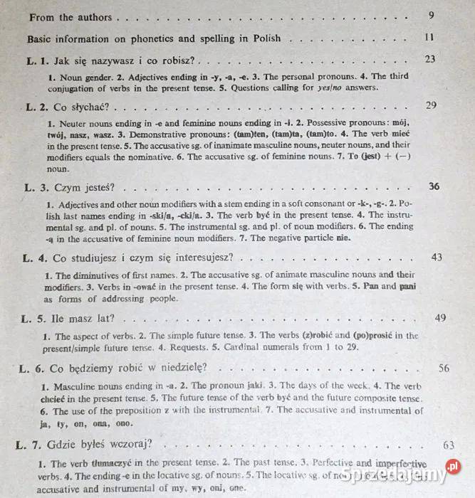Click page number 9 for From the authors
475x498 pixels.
[432, 15]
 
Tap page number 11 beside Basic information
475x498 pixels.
[429, 37]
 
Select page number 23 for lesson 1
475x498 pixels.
[429, 60]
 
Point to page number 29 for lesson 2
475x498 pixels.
[431, 105]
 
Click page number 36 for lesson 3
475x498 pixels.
[434, 186]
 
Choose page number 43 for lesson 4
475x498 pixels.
[437, 257]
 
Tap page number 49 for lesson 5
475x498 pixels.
[440, 317]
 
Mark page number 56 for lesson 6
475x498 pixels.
[444, 368]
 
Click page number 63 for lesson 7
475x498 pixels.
[448, 445]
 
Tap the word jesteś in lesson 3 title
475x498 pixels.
[97, 188]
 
